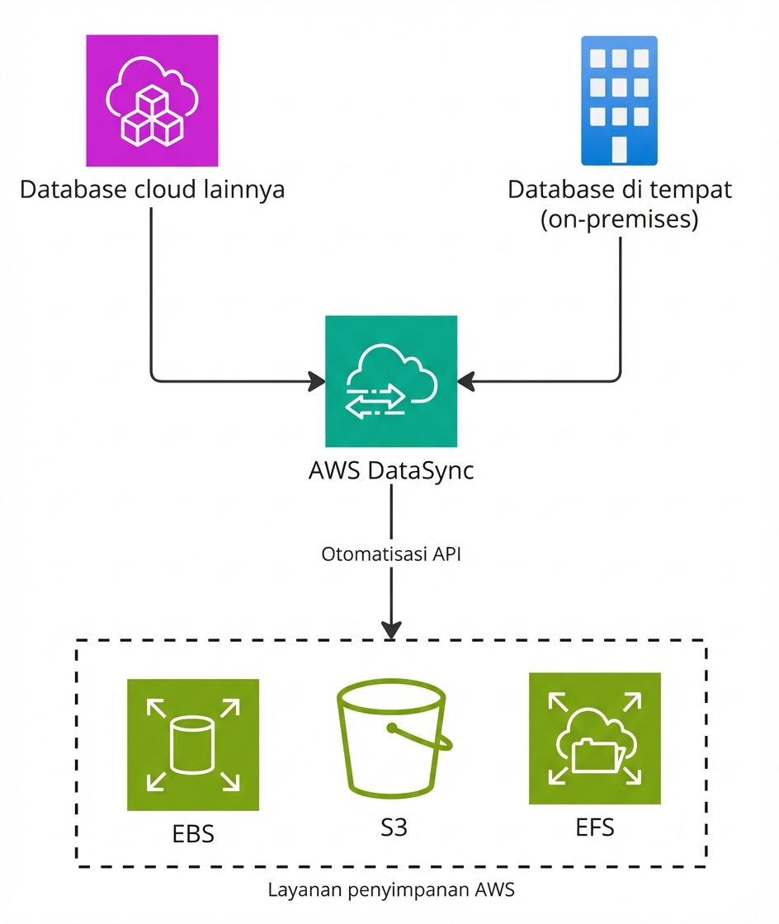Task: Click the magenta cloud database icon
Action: click(152, 100)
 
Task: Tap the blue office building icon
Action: click(619, 101)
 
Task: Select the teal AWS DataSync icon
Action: click(390, 381)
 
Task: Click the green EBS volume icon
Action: click(192, 744)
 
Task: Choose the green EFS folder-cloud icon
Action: click(594, 738)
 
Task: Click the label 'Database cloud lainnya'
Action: click(152, 190)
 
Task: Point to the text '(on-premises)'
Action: click(619, 220)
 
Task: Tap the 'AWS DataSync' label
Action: click(390, 472)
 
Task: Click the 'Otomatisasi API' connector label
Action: click(390, 554)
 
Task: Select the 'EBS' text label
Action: click(192, 833)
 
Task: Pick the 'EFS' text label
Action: click(594, 827)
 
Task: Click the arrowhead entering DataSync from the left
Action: click(317, 381)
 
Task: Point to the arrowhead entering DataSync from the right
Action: click(466, 381)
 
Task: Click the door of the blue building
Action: click(619, 148)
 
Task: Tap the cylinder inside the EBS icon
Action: click(192, 744)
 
